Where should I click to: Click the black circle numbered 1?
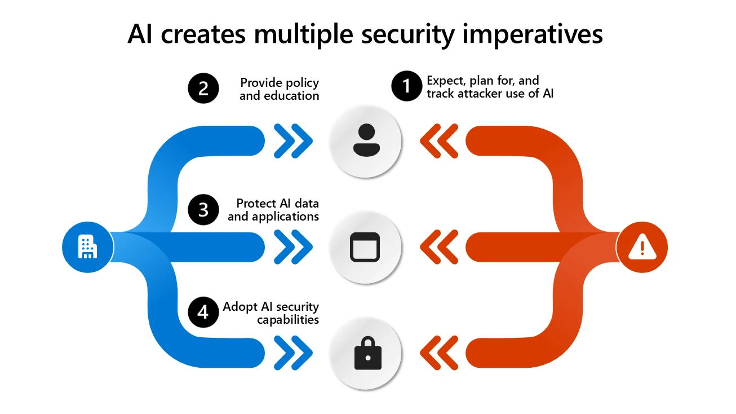coord(406,87)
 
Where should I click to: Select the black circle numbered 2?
coord(203,89)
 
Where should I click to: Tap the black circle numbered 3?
coord(203,209)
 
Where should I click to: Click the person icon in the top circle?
coord(366,140)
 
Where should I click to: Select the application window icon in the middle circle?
coord(365,247)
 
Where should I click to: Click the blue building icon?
coord(87,247)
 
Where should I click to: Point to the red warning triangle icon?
coord(641,247)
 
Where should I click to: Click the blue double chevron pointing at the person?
coord(293,140)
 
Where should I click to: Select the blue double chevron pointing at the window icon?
coord(293,247)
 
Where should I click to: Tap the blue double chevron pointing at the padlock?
coord(293,353)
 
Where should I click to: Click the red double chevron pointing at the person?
coord(439,140)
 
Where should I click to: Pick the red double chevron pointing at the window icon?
coord(439,247)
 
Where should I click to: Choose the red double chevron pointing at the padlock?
coord(439,353)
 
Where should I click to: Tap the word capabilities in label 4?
coord(288,320)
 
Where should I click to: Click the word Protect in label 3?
coord(256,203)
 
